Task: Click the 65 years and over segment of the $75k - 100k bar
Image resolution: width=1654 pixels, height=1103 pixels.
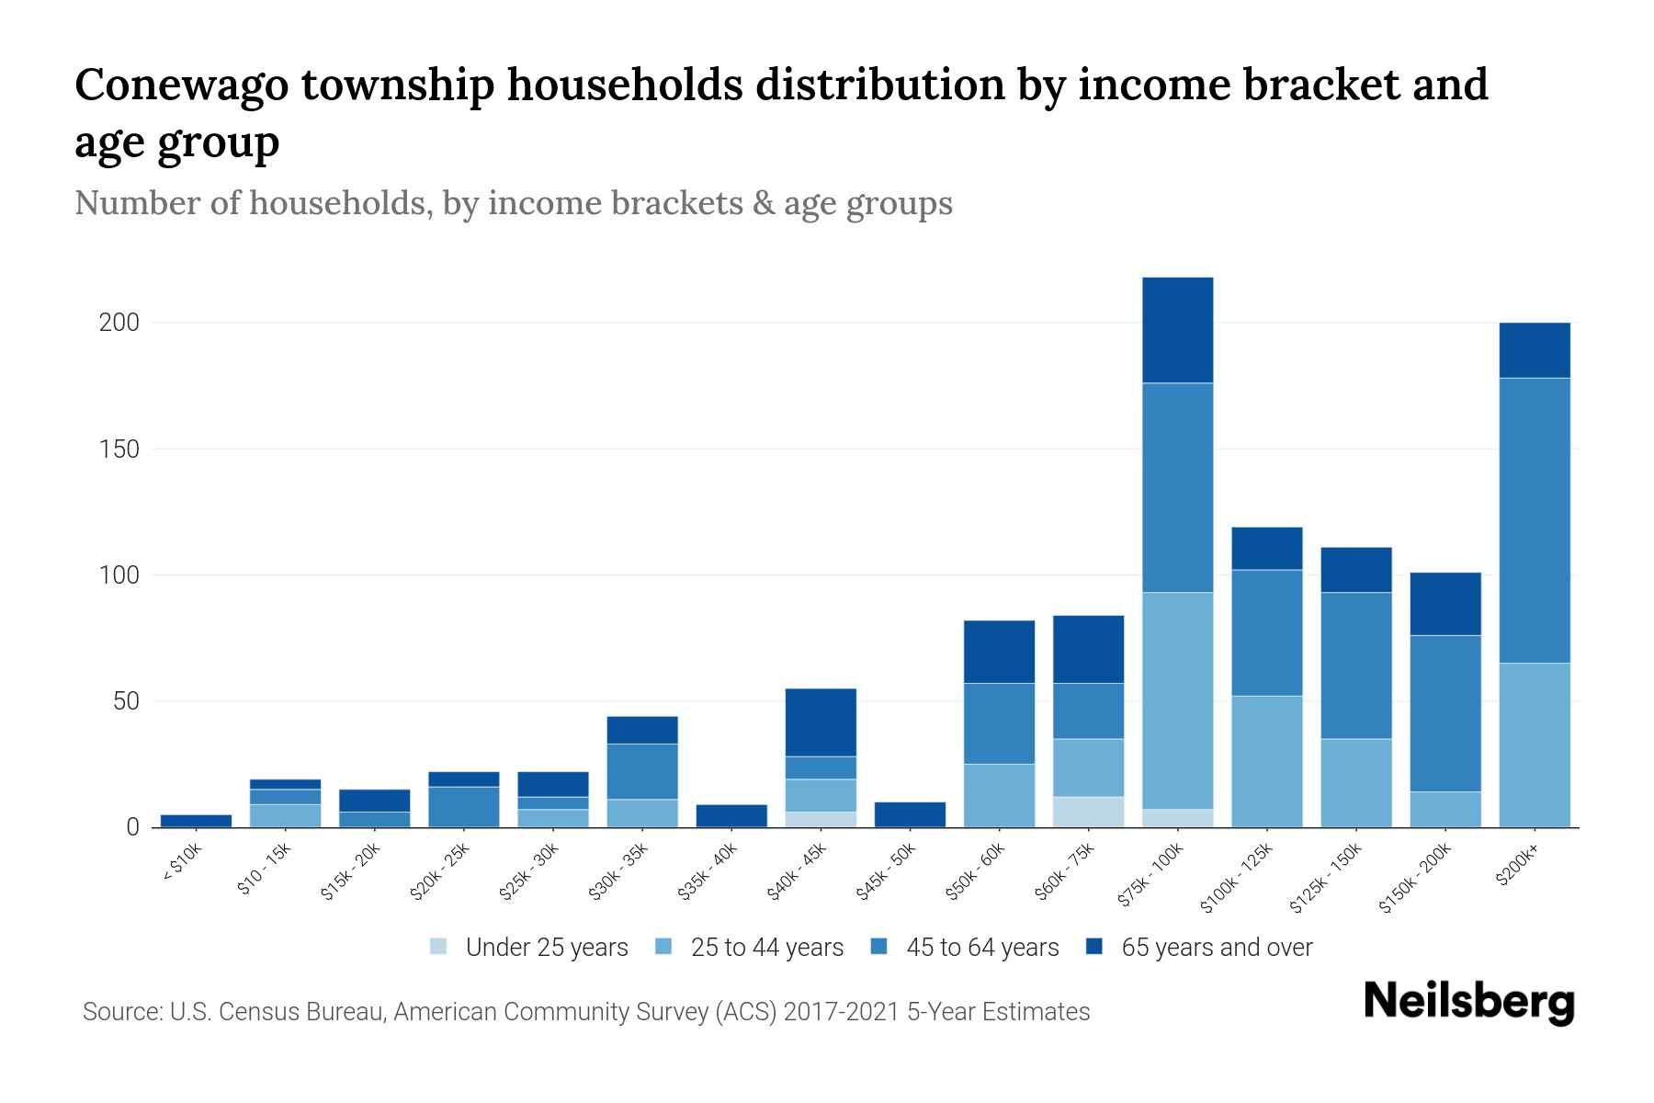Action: click(x=1177, y=330)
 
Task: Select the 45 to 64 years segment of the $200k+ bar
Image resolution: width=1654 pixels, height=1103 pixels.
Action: click(x=1534, y=520)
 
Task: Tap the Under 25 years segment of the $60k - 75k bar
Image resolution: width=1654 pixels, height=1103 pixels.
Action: click(x=1088, y=812)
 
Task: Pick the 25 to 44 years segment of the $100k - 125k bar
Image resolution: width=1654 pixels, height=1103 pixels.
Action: click(x=1266, y=761)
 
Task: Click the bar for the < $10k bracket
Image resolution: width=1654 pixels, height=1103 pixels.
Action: click(x=196, y=821)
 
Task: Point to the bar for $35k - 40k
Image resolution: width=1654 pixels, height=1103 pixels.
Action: click(x=731, y=816)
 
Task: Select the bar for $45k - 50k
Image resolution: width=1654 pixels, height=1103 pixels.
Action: click(x=910, y=814)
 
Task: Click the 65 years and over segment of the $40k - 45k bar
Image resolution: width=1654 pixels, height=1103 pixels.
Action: click(x=821, y=722)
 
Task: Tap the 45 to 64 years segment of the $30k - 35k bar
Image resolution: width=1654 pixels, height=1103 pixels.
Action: click(x=642, y=771)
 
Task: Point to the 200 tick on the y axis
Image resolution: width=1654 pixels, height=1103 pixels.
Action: click(x=119, y=324)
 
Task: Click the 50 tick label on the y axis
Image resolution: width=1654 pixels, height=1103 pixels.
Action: click(x=126, y=701)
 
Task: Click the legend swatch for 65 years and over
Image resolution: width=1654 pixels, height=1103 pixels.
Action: click(x=1094, y=947)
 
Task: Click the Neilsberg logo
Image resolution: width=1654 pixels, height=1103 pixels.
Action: click(x=1468, y=1002)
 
